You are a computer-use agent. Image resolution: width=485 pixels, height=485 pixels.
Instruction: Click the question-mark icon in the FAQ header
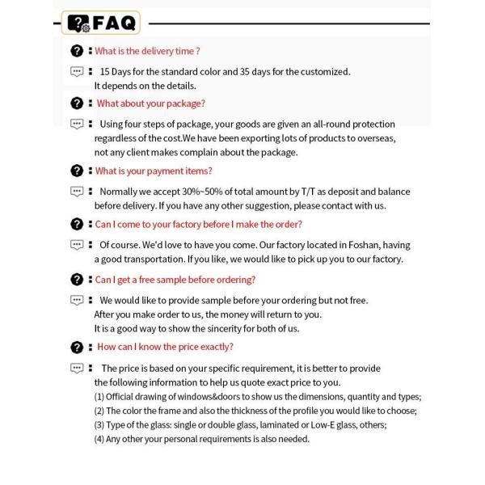click(x=78, y=23)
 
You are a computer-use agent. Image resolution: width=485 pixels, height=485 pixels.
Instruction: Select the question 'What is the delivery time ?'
click(x=147, y=51)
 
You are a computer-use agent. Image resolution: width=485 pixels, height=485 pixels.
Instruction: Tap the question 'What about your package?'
click(x=151, y=103)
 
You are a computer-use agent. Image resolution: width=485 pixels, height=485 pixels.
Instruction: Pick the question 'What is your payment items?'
click(x=154, y=171)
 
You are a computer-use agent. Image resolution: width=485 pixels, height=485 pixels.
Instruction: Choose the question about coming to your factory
click(x=198, y=224)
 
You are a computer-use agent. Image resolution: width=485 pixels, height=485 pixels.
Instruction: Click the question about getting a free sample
click(x=175, y=280)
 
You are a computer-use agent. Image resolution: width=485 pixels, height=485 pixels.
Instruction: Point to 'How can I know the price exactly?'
click(x=165, y=347)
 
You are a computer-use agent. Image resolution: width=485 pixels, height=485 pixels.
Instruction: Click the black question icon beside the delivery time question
click(x=77, y=51)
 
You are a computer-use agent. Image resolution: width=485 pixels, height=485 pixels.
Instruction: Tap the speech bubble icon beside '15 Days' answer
click(x=77, y=71)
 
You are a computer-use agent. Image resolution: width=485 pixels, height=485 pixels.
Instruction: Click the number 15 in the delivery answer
click(x=105, y=71)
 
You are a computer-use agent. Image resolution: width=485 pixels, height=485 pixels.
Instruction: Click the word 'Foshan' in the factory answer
click(x=369, y=245)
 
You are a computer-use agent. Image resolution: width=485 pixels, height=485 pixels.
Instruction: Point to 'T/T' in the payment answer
click(x=308, y=192)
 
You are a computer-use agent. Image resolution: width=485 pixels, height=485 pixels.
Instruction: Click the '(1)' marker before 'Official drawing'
click(x=99, y=397)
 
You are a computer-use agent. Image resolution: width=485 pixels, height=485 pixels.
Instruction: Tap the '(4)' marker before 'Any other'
click(x=99, y=439)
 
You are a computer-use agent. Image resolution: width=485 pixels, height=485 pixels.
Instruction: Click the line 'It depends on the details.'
click(x=145, y=86)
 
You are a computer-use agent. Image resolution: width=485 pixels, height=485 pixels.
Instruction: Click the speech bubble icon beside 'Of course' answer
click(x=77, y=245)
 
